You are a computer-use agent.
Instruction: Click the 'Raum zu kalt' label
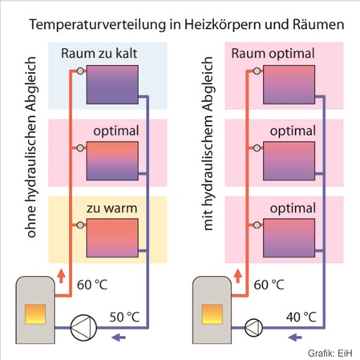coord(99,54)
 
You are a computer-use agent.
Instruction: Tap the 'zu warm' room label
coord(111,208)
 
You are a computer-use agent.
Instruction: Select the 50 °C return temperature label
coord(124,317)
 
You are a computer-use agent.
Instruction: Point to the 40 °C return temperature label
coord(301,317)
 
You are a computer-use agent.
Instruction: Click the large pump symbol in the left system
coord(83,327)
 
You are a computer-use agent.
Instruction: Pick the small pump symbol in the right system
coord(253,327)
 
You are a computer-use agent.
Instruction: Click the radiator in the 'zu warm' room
coord(112,238)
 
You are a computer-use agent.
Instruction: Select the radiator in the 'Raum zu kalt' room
coord(112,84)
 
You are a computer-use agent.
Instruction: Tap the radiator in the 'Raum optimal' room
coord(289,84)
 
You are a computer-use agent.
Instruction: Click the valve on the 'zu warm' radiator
coord(80,225)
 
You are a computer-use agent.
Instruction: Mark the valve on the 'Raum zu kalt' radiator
coord(80,71)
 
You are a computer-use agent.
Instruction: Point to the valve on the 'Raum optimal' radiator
coord(257,71)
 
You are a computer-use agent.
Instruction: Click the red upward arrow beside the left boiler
coord(61,276)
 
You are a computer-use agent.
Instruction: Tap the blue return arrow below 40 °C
coord(295,338)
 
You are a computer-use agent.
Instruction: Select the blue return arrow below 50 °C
coord(119,338)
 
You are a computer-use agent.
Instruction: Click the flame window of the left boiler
coord(35,314)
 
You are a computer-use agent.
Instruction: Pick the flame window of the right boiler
coord(212,314)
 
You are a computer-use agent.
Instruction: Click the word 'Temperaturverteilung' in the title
coord(98,25)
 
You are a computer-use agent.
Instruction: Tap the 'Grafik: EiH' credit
coord(330,353)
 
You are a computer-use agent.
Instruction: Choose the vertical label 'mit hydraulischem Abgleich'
coord(208,144)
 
